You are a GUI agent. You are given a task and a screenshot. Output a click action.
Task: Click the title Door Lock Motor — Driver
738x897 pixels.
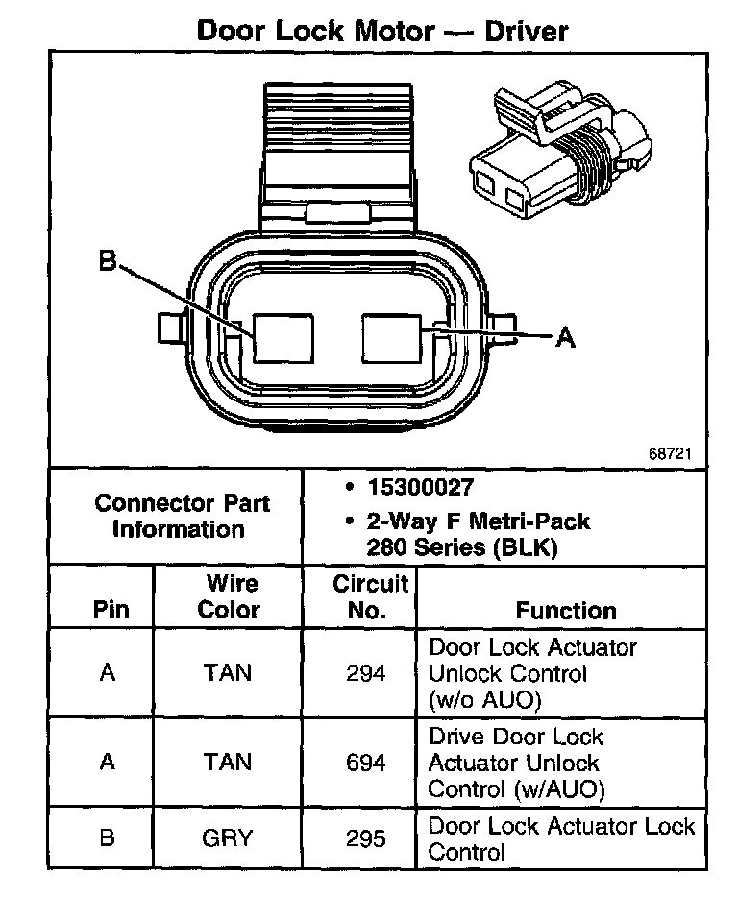click(x=381, y=30)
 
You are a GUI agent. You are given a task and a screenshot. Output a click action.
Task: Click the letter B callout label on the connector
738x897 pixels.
click(x=107, y=260)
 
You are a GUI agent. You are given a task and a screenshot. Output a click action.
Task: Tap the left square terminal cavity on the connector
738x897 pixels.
click(x=283, y=338)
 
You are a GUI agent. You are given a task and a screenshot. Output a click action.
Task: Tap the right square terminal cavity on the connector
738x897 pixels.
click(x=392, y=336)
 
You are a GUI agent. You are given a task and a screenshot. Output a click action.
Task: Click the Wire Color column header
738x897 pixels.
click(x=232, y=596)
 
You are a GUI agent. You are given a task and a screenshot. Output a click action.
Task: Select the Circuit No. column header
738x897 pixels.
click(x=369, y=596)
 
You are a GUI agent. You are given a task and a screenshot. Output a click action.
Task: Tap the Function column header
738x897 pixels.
click(x=566, y=610)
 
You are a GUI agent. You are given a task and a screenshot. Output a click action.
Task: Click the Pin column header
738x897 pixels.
click(x=110, y=610)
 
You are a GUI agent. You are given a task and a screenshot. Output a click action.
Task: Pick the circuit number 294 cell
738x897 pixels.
click(x=366, y=673)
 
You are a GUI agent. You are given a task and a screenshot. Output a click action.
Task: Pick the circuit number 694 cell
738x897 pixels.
click(x=366, y=763)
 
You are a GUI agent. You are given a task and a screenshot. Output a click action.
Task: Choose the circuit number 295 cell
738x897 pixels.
click(x=366, y=837)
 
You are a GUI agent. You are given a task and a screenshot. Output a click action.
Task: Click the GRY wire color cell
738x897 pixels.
click(x=228, y=837)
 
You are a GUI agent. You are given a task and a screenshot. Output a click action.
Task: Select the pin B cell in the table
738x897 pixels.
click(x=108, y=837)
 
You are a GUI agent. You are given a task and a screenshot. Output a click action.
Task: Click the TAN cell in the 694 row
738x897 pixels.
click(x=228, y=763)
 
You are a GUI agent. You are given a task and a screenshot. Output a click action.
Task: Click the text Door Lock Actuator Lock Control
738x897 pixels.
click(x=561, y=838)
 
